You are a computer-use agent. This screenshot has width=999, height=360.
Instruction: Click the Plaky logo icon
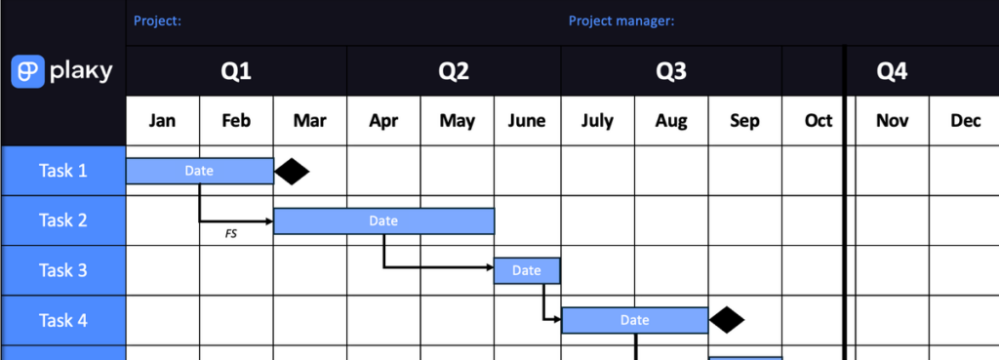(x=27, y=71)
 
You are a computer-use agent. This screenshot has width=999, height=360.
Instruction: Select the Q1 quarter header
(x=236, y=71)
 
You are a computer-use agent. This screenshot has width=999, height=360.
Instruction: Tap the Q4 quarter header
(x=892, y=71)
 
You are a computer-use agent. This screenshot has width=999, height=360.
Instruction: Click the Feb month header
(x=236, y=121)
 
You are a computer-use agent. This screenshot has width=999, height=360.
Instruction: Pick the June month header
(x=527, y=121)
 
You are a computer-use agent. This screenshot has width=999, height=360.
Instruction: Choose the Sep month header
(x=744, y=121)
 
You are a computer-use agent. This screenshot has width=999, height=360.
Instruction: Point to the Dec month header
(x=965, y=121)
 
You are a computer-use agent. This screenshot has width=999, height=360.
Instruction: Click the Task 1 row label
(x=63, y=171)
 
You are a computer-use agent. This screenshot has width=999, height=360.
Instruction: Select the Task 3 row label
(x=63, y=270)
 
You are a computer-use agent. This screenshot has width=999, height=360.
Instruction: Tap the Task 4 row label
(x=63, y=320)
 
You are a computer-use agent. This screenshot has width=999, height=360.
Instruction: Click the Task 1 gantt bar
(x=199, y=171)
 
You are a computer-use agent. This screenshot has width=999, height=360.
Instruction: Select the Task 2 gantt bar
(x=383, y=220)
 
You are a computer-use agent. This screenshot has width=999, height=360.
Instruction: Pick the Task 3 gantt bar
(x=527, y=270)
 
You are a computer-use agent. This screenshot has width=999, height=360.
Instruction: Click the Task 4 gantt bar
(x=634, y=320)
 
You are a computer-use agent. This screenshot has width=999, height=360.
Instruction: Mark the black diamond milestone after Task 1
(x=292, y=172)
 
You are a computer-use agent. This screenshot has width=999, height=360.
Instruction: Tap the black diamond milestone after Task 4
(x=727, y=320)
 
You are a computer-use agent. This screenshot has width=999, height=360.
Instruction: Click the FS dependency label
(x=230, y=234)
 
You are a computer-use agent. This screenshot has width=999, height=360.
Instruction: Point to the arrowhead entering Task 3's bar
(x=490, y=267)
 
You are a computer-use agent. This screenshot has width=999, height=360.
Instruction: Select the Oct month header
(x=819, y=121)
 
